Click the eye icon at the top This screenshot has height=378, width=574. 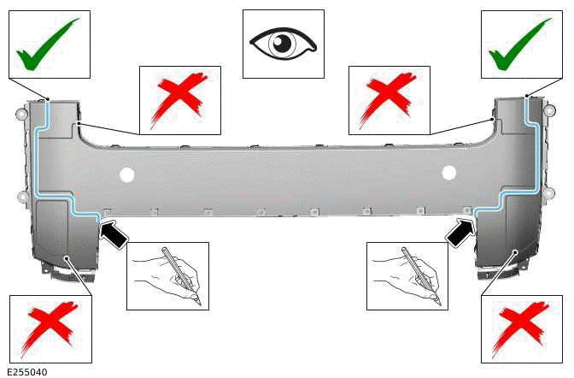tap(283, 42)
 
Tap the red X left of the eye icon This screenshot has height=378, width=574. tap(179, 99)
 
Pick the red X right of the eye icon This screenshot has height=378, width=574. tap(389, 99)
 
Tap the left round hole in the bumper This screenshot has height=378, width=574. tap(127, 176)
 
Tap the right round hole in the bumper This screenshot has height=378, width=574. tap(448, 174)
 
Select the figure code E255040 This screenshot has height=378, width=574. tap(28, 372)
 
